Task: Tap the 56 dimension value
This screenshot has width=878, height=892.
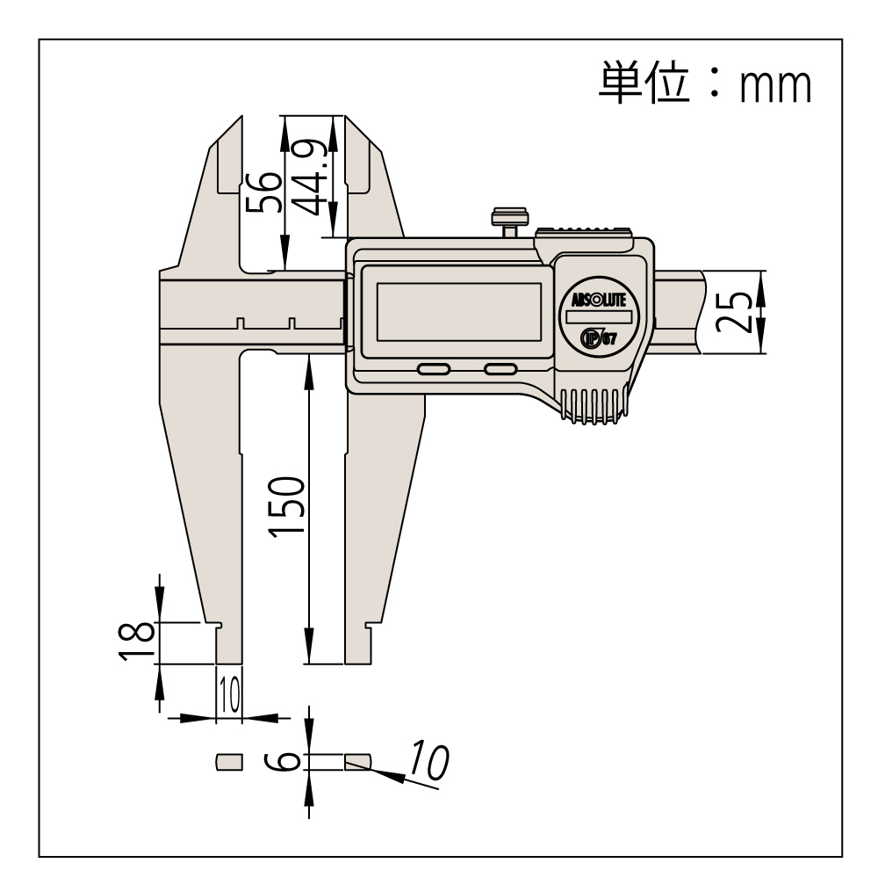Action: pyautogui.click(x=263, y=192)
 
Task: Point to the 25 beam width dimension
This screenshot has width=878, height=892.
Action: pyautogui.click(x=734, y=312)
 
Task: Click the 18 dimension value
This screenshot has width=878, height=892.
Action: pyautogui.click(x=136, y=642)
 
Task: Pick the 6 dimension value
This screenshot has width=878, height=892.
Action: pyautogui.click(x=283, y=761)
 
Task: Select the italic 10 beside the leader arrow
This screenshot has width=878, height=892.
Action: pyautogui.click(x=429, y=760)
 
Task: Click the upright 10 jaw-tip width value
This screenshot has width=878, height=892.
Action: pyautogui.click(x=229, y=694)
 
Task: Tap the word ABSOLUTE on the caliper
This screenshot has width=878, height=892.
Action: pyautogui.click(x=599, y=300)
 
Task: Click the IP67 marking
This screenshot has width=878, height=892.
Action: pyautogui.click(x=599, y=338)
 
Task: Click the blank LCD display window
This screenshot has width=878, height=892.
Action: pyautogui.click(x=458, y=312)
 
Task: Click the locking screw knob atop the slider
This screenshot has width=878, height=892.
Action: pyautogui.click(x=510, y=222)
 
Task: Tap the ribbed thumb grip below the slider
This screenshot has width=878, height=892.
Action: pyautogui.click(x=594, y=406)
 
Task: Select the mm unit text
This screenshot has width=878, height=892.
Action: pyautogui.click(x=775, y=86)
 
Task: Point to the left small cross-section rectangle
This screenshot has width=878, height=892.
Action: pyautogui.click(x=229, y=762)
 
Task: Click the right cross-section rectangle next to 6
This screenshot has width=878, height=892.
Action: pyautogui.click(x=358, y=762)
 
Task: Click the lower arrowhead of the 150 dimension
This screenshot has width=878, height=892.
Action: pyautogui.click(x=308, y=646)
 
